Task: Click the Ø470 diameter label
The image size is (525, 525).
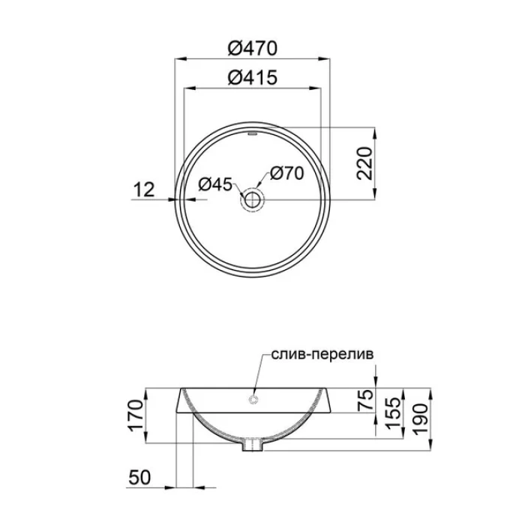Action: [x=253, y=48]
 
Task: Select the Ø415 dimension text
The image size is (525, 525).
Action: [x=253, y=78]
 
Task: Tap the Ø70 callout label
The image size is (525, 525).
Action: [x=287, y=173]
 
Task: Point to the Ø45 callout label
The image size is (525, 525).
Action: [x=215, y=184]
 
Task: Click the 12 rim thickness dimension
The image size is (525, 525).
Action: [x=144, y=190]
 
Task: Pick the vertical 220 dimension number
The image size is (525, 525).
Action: [x=364, y=163]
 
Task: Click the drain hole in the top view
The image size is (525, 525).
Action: [x=252, y=200]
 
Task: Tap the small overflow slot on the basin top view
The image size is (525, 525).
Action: [x=252, y=134]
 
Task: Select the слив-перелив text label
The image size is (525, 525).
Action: [x=322, y=354]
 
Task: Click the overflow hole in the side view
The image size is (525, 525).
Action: [x=253, y=399]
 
